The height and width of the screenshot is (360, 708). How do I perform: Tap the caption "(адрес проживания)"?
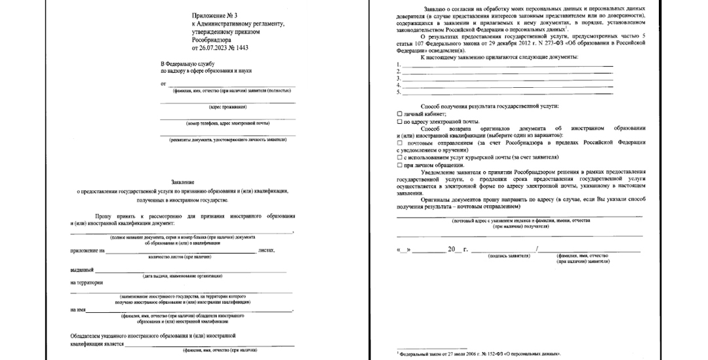coord(227,107)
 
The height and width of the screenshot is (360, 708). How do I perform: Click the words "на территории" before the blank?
coord(87,283)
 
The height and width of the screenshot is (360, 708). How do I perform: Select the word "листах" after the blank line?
coord(266,250)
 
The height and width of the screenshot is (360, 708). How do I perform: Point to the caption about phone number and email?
coord(227,123)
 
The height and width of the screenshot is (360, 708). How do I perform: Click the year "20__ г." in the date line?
coord(454,249)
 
